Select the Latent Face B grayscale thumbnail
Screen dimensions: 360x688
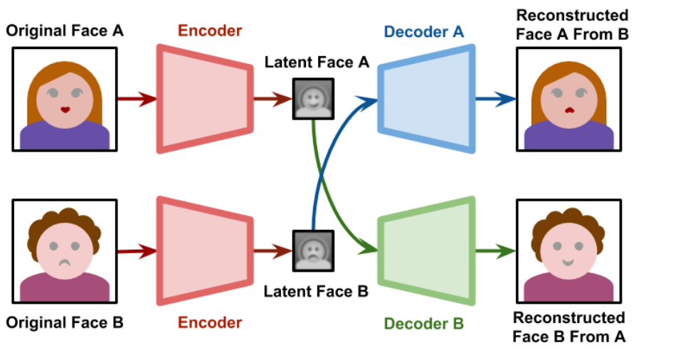tap(314, 250)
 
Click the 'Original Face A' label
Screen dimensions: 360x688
tap(65, 31)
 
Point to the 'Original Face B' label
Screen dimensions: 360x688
tap(65, 322)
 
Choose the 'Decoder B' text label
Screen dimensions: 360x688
tap(424, 324)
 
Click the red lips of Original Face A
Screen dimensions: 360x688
tap(65, 110)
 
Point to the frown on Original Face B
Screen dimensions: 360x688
tap(65, 262)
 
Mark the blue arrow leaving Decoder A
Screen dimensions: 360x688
tap(495, 99)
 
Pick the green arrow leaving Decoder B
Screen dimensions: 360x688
tap(495, 250)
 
